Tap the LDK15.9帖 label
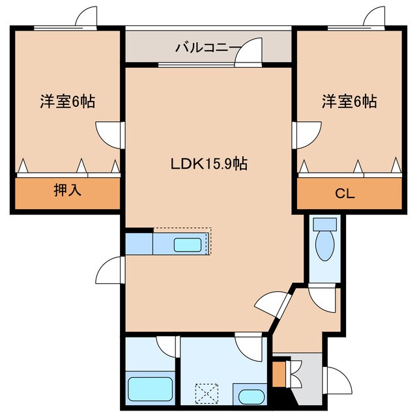tap(208, 164)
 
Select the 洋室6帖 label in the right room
tap(349, 102)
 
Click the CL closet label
tap(349, 193)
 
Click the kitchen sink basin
tap(188, 245)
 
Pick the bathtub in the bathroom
tap(151, 390)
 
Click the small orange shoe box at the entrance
tap(279, 377)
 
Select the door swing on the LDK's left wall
tap(111, 268)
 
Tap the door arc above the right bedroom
tap(376, 17)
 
